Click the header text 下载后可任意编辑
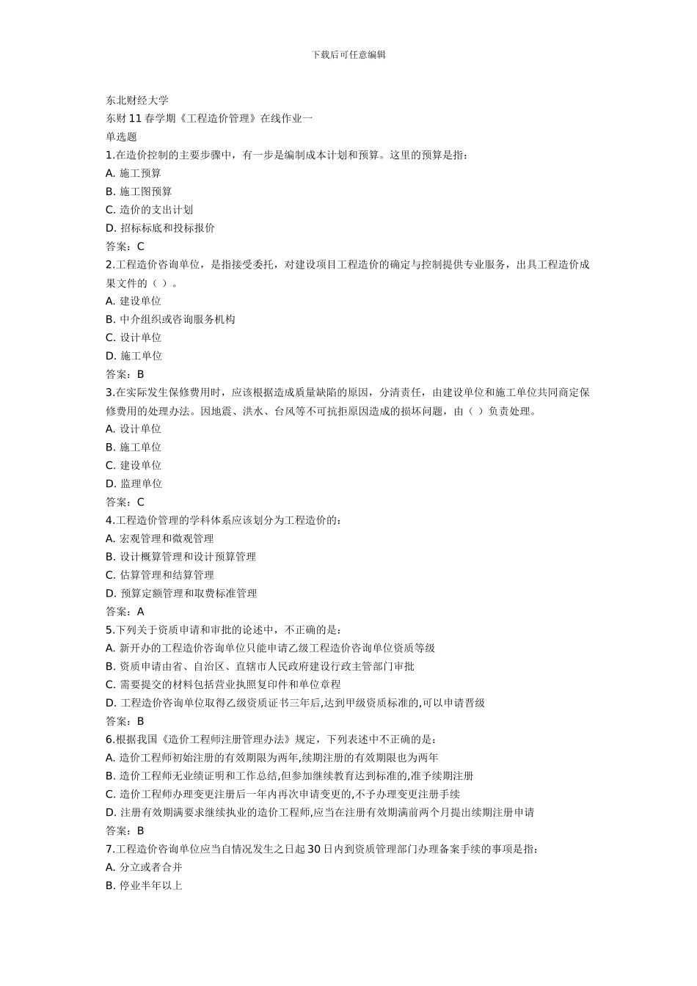348,54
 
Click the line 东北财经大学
137,101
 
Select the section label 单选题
122,136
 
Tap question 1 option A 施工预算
134,173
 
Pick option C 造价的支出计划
149,210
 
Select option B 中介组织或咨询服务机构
170,319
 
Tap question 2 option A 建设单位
134,301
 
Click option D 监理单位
134,483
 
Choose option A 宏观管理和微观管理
160,538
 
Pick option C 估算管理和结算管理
160,575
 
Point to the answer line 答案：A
125,611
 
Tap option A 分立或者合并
144,867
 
